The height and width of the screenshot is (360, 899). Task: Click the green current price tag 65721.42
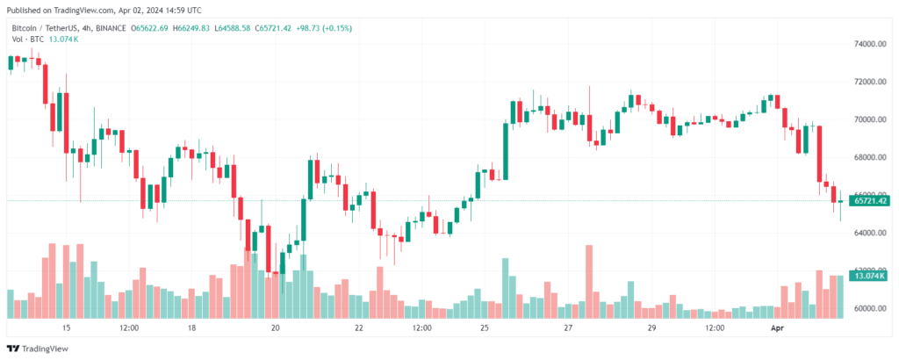coord(869,201)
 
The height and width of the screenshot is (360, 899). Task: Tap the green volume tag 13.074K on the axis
coord(869,276)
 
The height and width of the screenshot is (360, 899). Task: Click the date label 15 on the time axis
coord(66,328)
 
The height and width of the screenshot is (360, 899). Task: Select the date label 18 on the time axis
coord(191,328)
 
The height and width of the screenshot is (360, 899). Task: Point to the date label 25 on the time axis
coord(485,328)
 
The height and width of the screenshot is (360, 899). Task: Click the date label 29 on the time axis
coord(652,328)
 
